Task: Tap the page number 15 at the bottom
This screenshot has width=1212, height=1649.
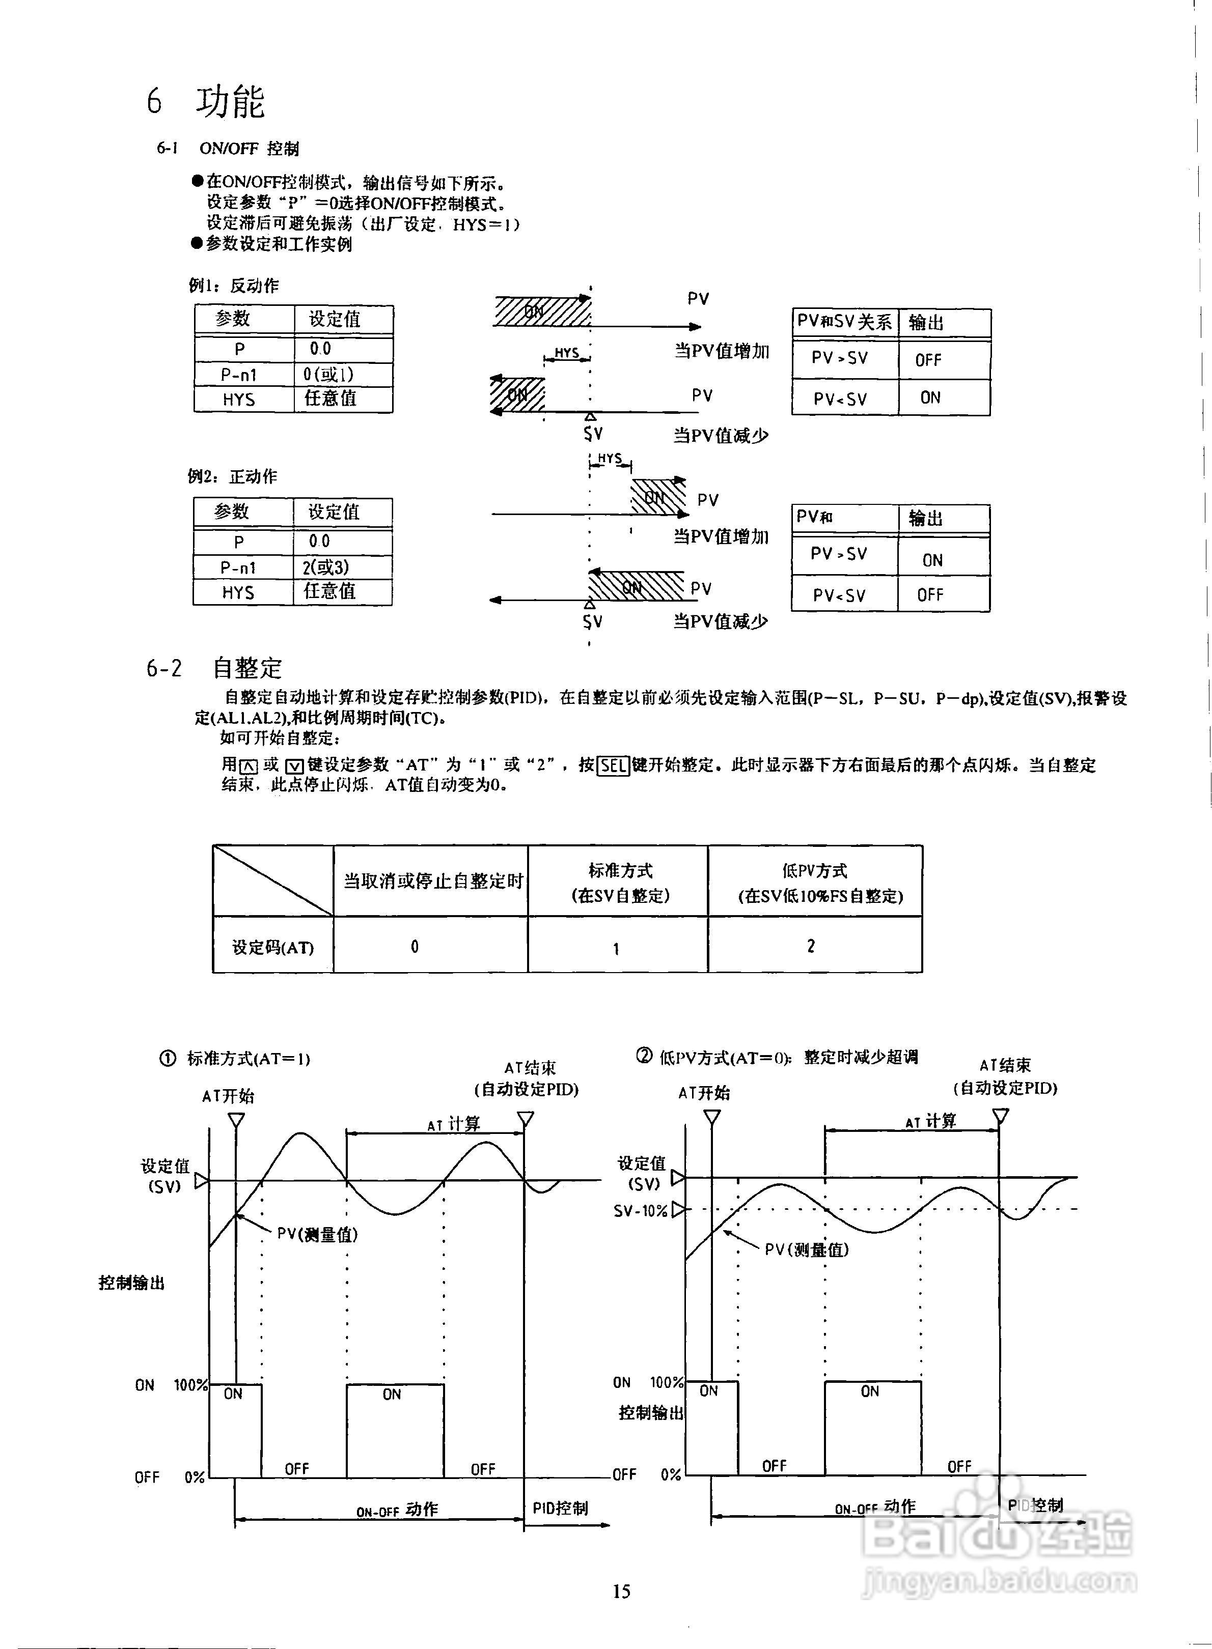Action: pyautogui.click(x=621, y=1590)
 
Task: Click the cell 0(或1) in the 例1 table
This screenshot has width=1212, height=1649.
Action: pyautogui.click(x=328, y=375)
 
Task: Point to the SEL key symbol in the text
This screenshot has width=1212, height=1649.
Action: pyautogui.click(x=613, y=766)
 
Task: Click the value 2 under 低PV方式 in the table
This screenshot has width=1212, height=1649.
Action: pyautogui.click(x=811, y=947)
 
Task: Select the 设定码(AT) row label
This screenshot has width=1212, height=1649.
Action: pyautogui.click(x=273, y=947)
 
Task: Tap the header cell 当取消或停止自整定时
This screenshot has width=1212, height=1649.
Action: pyautogui.click(x=433, y=880)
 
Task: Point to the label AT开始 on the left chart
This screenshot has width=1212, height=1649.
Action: pyautogui.click(x=228, y=1096)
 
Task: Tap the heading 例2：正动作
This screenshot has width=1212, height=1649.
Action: pyautogui.click(x=233, y=476)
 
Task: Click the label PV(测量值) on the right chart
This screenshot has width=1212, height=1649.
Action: pyautogui.click(x=806, y=1249)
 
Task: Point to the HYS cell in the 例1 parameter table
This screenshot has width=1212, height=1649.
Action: pyautogui.click(x=239, y=400)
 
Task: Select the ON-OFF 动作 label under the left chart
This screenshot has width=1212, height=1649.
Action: pyautogui.click(x=397, y=1509)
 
